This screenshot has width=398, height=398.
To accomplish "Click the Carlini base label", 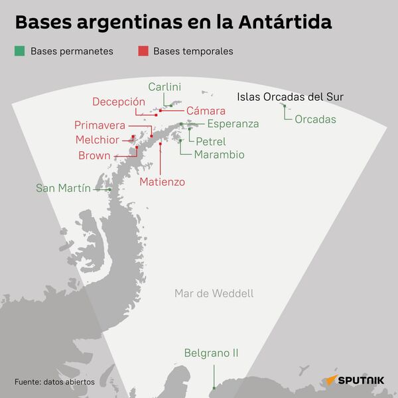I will pyautogui.click(x=165, y=87).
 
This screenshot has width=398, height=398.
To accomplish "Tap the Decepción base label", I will pyautogui.click(x=119, y=101).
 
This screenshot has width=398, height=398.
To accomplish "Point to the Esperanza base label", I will pyautogui.click(x=233, y=124).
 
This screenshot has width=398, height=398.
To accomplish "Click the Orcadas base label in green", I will pyautogui.click(x=315, y=120).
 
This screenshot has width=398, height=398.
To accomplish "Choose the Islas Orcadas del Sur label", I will pyautogui.click(x=290, y=98).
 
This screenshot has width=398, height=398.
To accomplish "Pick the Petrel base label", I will pyautogui.click(x=211, y=141).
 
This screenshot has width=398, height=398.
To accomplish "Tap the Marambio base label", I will pyautogui.click(x=220, y=155).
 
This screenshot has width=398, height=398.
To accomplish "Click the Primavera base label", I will pyautogui.click(x=100, y=125).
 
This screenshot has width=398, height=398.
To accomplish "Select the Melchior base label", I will pyautogui.click(x=98, y=140).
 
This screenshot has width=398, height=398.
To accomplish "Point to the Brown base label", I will pyautogui.click(x=95, y=156).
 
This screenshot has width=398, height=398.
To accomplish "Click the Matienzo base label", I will pyautogui.click(x=163, y=181).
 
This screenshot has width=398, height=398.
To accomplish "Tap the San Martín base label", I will pyautogui.click(x=64, y=188).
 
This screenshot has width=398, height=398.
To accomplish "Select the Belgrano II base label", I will pyautogui.click(x=211, y=354).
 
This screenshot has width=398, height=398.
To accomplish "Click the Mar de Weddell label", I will pyautogui.click(x=214, y=293).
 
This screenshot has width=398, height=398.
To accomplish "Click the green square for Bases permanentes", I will pyautogui.click(x=19, y=51).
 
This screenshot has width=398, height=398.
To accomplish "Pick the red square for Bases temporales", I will pyautogui.click(x=143, y=51).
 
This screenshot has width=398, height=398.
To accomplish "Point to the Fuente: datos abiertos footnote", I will pyautogui.click(x=54, y=382).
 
